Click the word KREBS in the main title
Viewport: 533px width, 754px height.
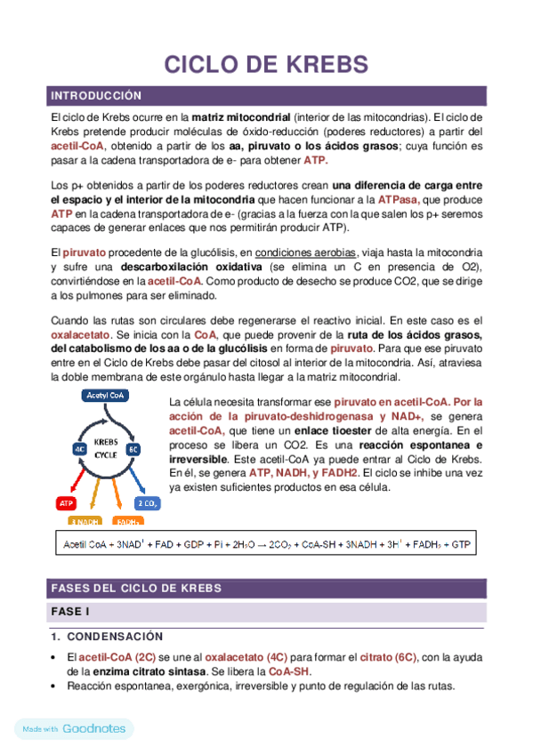tap(319, 65)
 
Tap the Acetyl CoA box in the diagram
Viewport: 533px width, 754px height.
tap(106, 394)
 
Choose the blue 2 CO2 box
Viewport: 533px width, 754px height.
tap(147, 503)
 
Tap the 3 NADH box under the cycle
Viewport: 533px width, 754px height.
tap(85, 521)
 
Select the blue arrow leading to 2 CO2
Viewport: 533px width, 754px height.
tap(139, 481)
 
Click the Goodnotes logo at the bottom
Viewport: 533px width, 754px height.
tap(93, 728)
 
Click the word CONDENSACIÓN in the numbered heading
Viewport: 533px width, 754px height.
tap(115, 637)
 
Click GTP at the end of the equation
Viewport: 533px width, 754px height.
tap(461, 543)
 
